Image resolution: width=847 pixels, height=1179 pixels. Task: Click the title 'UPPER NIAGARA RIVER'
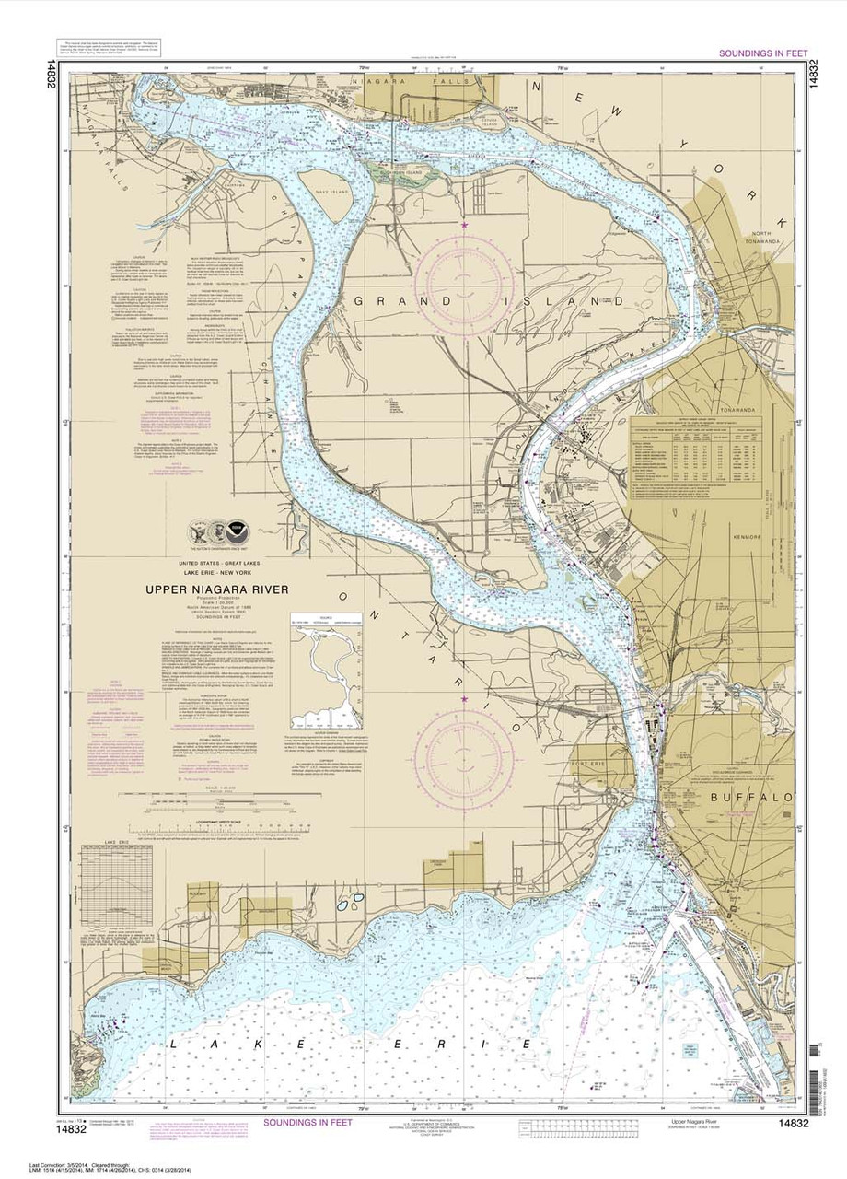click(215, 589)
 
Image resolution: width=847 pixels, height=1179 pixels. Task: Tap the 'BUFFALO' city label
click(760, 797)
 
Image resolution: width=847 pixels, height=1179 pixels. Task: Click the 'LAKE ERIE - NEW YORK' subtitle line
click(215, 574)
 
